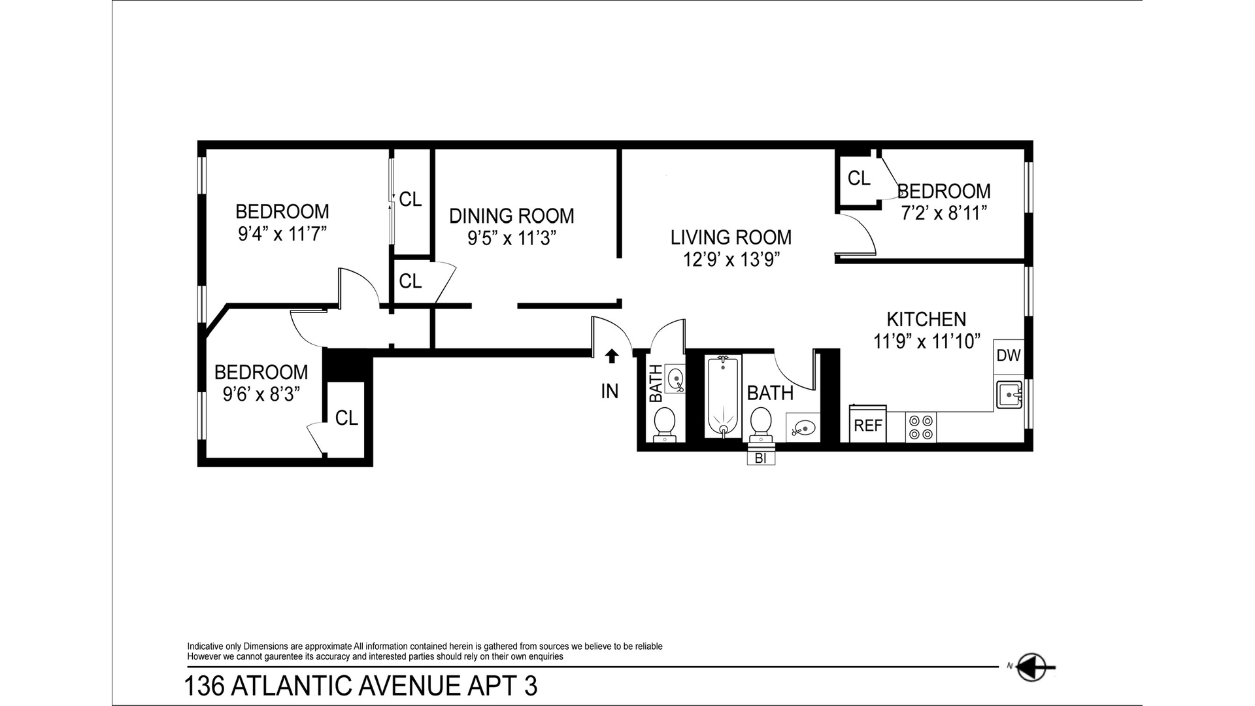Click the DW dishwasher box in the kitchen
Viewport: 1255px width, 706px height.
(1008, 356)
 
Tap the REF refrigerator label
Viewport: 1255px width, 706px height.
(868, 426)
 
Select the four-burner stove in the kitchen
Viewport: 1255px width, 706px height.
(920, 427)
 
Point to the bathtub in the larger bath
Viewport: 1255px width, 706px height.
(722, 397)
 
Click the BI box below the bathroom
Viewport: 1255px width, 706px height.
(760, 458)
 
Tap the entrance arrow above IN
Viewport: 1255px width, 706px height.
(611, 356)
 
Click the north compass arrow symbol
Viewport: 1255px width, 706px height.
(1035, 667)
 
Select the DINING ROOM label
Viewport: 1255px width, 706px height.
(511, 216)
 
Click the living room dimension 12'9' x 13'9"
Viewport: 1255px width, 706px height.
(731, 260)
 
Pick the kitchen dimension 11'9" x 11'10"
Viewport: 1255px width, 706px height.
(927, 341)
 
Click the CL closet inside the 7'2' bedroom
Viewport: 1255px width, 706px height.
(858, 178)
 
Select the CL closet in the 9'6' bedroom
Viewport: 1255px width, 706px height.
(346, 418)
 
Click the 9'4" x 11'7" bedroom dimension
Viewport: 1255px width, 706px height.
(282, 234)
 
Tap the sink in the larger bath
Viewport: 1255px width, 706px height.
(801, 429)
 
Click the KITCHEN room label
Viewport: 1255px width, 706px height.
(926, 319)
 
